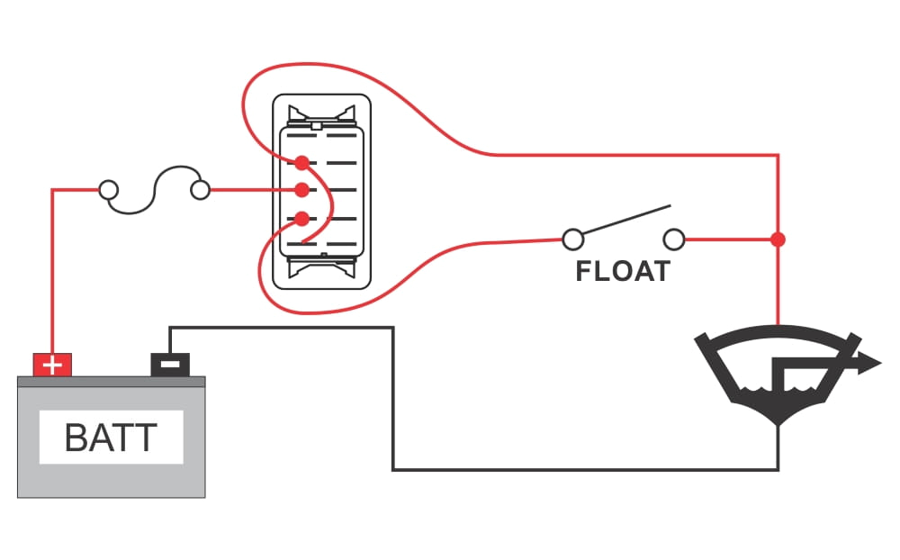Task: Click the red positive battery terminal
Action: click(x=52, y=365)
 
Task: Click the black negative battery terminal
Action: click(x=170, y=364)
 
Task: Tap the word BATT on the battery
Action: click(x=111, y=438)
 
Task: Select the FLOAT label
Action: click(x=623, y=271)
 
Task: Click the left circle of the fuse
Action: click(x=108, y=190)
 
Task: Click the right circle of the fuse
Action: click(x=201, y=190)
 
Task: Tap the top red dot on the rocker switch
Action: click(x=301, y=163)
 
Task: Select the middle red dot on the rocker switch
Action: click(x=301, y=190)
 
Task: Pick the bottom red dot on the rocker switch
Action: click(x=301, y=218)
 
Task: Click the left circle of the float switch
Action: click(x=572, y=239)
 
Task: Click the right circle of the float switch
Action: click(x=674, y=239)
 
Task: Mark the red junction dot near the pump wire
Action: click(x=778, y=239)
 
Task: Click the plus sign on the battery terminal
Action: click(x=52, y=365)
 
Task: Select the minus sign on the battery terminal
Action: click(x=170, y=364)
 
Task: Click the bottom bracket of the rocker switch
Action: click(x=321, y=267)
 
